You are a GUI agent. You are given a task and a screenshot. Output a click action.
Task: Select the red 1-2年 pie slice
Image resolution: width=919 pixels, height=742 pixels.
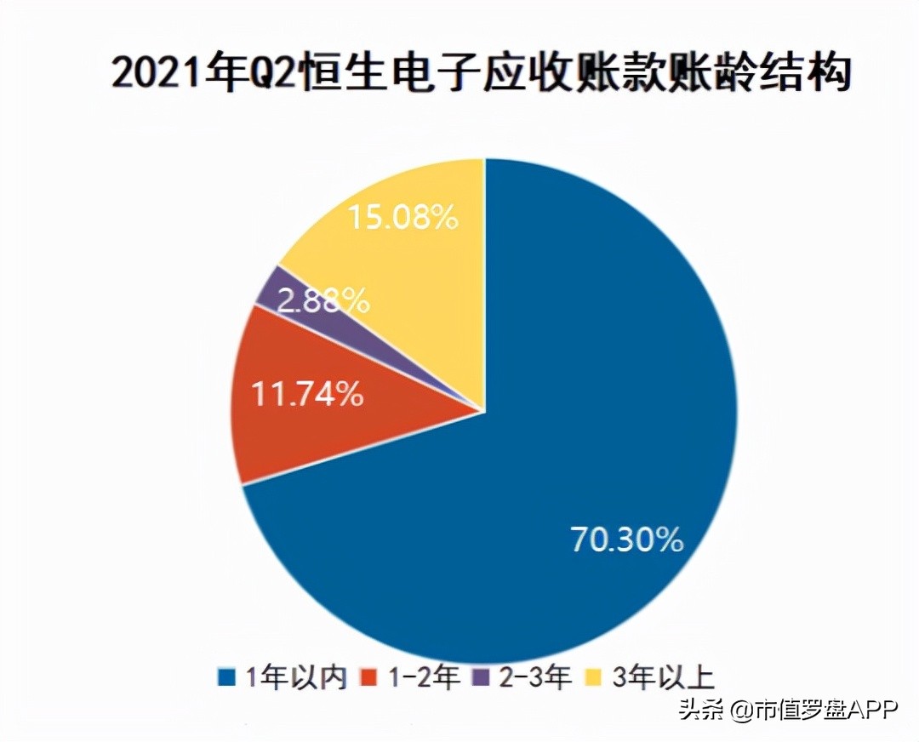pos(281,425)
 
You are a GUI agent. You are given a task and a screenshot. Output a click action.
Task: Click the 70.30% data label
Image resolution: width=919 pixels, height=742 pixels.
pos(626,539)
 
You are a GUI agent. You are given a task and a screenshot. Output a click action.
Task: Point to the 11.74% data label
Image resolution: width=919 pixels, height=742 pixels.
pos(306,395)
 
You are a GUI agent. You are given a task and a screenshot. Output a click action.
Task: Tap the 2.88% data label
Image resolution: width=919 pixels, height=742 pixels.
pos(323,300)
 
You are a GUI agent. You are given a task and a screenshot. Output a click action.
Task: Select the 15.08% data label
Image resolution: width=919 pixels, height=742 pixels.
pos(402,218)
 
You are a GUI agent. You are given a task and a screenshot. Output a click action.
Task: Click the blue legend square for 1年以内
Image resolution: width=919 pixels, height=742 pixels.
pos(226,678)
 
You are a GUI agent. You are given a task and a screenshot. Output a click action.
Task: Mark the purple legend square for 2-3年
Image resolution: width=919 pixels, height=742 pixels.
pos(481,678)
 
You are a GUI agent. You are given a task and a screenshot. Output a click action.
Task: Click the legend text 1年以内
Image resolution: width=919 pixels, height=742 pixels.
pos(295,678)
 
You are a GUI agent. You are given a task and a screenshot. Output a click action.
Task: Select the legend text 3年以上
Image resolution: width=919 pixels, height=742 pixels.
pos(660,678)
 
